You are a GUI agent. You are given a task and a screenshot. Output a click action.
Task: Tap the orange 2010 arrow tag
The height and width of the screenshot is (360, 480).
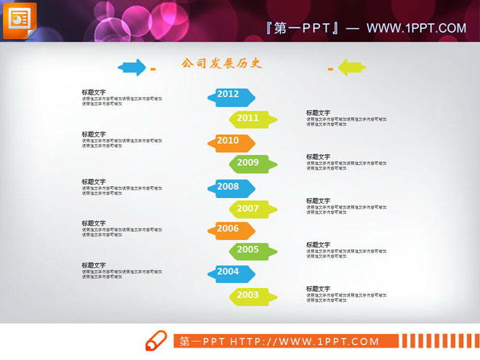(231, 142)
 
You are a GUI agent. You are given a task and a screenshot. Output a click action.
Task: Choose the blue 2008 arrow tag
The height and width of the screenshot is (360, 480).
(231, 188)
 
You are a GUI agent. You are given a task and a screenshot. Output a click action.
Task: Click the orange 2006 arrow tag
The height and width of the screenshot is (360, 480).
(231, 230)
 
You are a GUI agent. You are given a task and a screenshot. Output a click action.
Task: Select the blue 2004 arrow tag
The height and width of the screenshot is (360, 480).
(231, 273)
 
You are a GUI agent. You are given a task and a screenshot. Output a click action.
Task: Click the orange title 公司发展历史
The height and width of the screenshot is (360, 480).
(221, 64)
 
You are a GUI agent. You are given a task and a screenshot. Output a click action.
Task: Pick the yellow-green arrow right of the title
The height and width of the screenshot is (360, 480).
(352, 67)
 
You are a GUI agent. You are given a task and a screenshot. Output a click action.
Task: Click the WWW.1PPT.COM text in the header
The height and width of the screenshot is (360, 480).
(416, 28)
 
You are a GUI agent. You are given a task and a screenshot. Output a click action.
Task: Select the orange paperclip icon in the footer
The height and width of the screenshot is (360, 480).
(156, 341)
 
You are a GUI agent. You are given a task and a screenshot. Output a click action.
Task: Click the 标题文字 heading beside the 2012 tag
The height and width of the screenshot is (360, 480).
(93, 92)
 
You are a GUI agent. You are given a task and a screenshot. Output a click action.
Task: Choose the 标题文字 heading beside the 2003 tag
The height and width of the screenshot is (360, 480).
(318, 289)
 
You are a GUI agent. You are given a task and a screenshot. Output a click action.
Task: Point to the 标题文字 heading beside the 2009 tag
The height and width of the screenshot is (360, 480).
(318, 156)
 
